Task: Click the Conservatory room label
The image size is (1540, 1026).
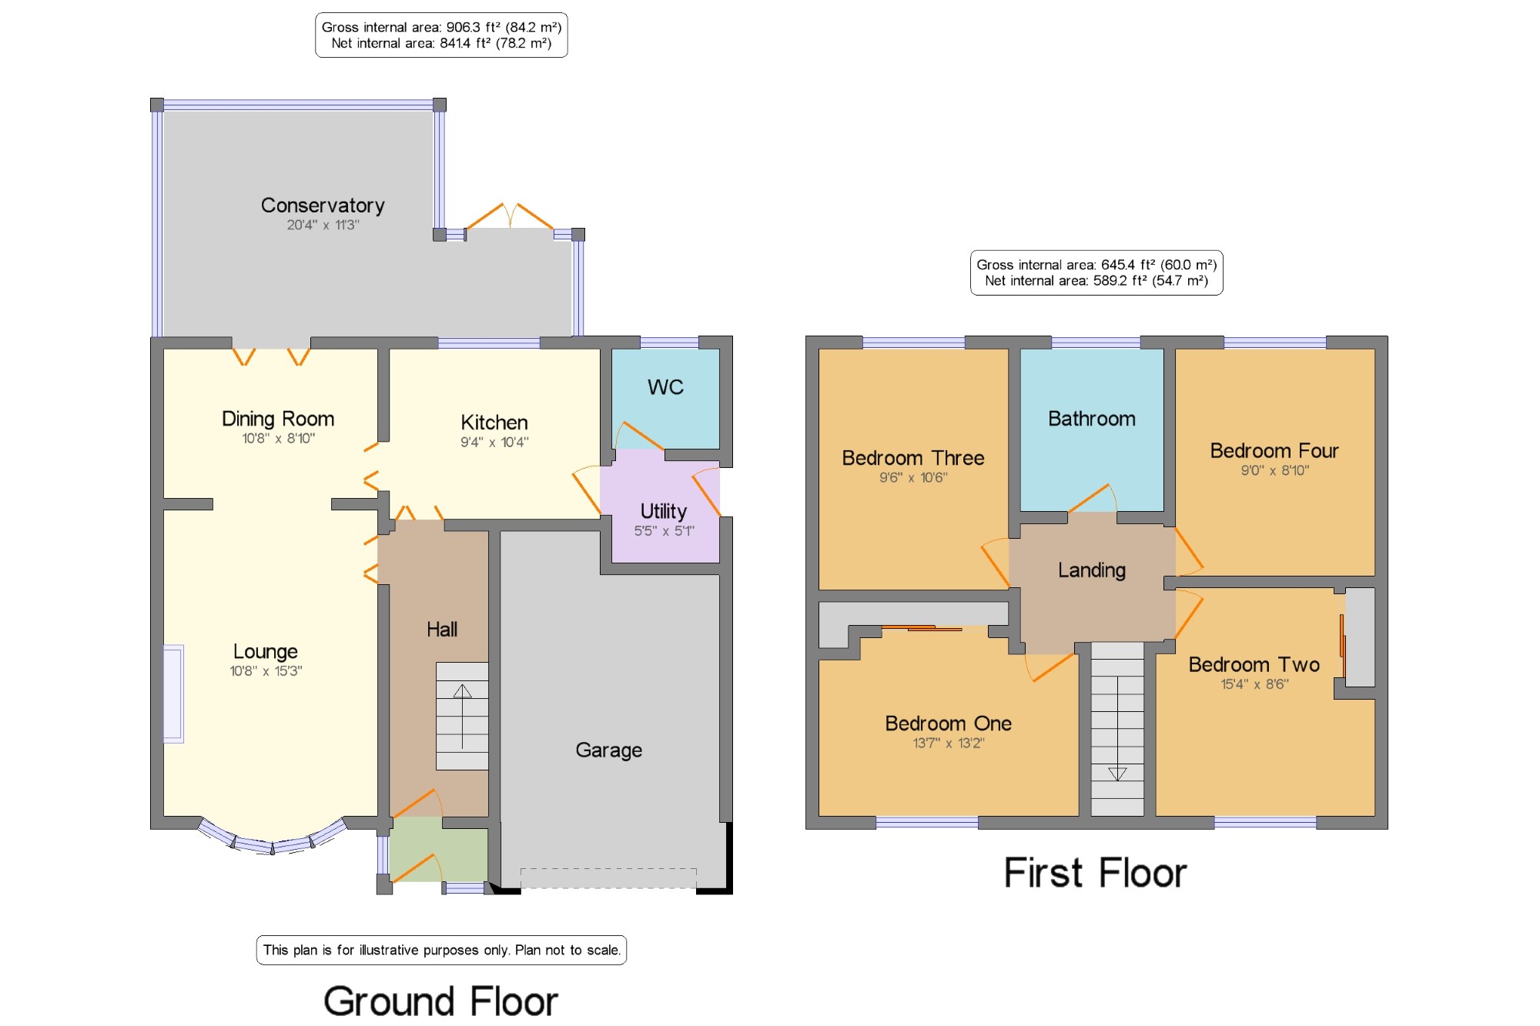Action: coord(323,206)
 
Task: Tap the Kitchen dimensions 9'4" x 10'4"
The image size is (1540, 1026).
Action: coord(494,443)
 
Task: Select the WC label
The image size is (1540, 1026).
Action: coord(665,387)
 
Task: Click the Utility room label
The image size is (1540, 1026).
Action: coord(664,512)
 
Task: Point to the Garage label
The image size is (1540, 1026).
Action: coord(609,750)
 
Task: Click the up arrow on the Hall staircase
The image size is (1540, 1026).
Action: coord(462,716)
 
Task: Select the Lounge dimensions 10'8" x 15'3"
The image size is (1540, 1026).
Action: coord(266,671)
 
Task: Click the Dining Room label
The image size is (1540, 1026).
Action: coord(278,419)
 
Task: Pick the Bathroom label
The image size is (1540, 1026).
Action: coord(1092,419)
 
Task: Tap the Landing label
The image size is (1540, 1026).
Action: coord(1092,570)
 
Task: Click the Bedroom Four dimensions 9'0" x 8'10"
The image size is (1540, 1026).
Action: coord(1275,471)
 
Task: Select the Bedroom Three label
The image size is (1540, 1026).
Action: coord(913,458)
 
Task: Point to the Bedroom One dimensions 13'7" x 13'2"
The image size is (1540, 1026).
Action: coord(949,744)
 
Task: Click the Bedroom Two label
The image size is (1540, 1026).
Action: coord(1254,664)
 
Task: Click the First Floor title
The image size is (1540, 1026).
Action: coord(1095,873)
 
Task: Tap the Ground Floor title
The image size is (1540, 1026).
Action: coord(440,1001)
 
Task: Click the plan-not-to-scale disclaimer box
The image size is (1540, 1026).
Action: coord(441,950)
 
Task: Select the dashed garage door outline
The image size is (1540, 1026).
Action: coord(608,877)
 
